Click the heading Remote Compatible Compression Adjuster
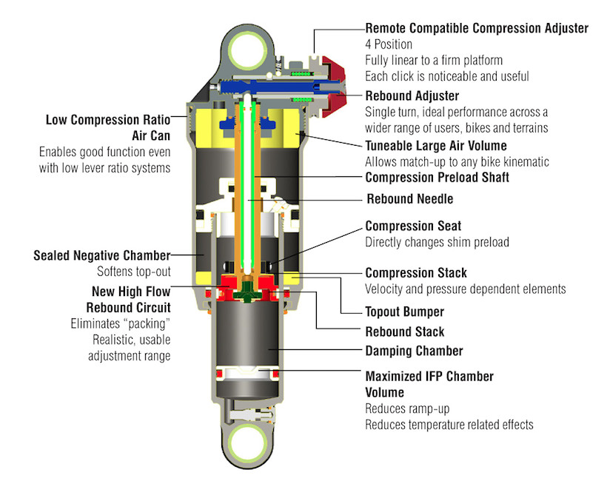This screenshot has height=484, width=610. (477, 28)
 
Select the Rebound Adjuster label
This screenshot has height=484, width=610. (412, 96)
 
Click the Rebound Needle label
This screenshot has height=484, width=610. (410, 199)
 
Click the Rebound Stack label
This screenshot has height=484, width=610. (405, 332)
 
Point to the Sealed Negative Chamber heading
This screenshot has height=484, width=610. (101, 256)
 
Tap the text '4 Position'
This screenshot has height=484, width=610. (389, 44)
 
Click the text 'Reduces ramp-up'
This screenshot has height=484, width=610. (409, 409)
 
